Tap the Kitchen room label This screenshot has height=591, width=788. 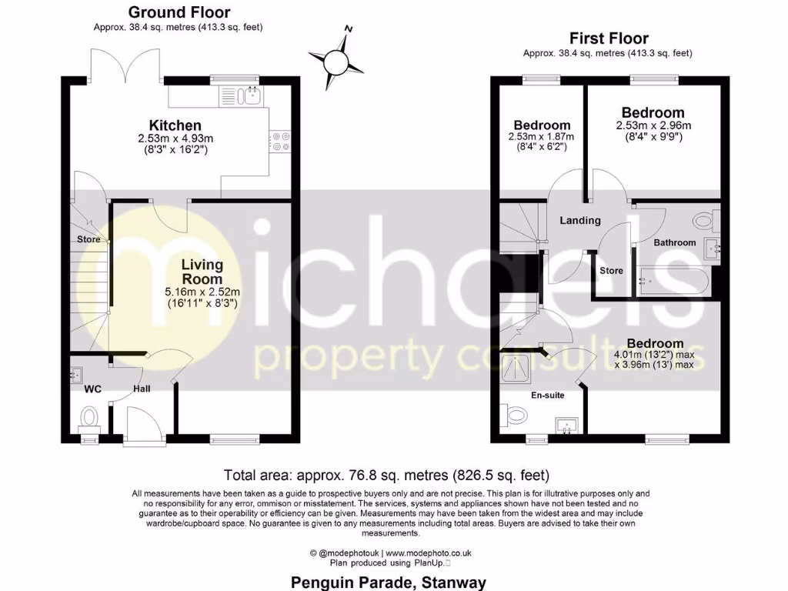[x=175, y=125]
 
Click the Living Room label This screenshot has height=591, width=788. [x=202, y=272]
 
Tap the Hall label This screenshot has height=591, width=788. [x=142, y=389]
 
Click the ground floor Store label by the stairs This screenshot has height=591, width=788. [x=88, y=239]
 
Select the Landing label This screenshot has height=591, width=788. [x=580, y=221]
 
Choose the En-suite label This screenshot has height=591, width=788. [x=548, y=395]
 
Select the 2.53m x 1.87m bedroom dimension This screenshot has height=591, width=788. [x=542, y=137]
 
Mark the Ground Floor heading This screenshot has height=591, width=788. [x=179, y=12]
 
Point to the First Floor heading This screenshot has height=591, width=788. [x=609, y=38]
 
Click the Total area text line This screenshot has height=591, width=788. [x=386, y=475]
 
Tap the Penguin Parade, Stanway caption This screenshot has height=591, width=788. [x=389, y=583]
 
